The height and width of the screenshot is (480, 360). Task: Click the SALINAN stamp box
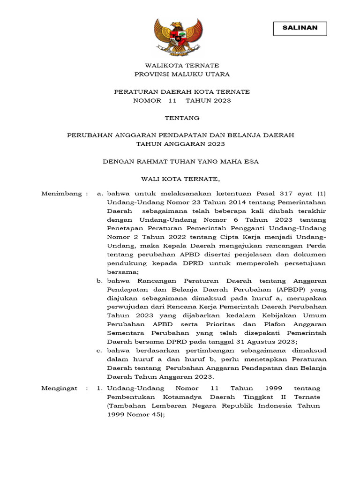tap(300, 28)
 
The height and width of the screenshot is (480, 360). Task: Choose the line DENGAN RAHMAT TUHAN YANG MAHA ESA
tap(181, 161)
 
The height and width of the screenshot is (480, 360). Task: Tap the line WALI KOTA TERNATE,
tap(180, 179)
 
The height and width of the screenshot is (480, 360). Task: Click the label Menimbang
tap(58, 193)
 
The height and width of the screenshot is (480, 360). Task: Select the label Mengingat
tap(58, 388)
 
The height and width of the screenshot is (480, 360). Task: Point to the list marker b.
tap(99, 280)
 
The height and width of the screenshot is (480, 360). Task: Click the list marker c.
tap(99, 350)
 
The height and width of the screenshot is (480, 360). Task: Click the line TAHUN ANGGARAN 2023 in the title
tap(181, 144)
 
